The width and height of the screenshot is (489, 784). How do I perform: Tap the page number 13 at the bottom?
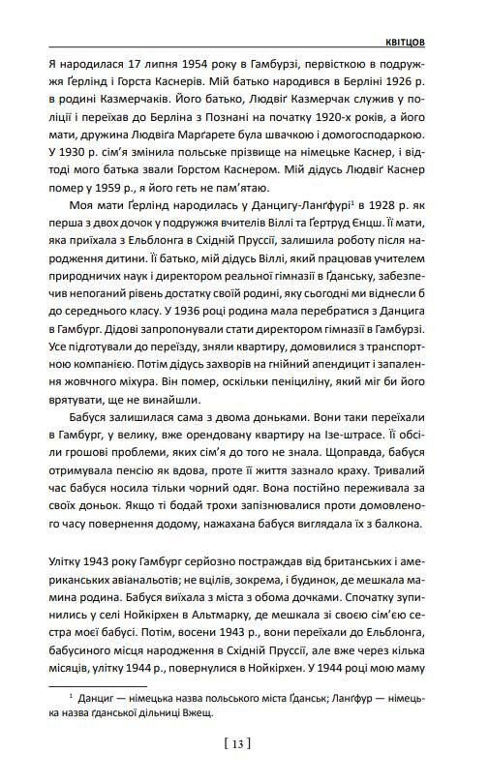pyautogui.click(x=236, y=743)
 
